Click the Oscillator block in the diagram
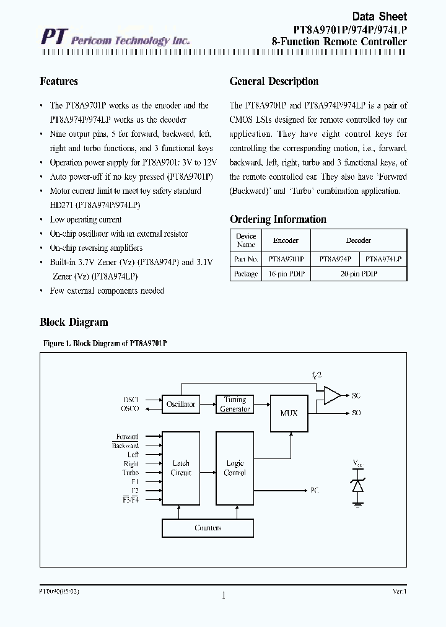click(x=180, y=405)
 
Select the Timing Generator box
click(x=235, y=405)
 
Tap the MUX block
click(x=289, y=413)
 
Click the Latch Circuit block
click(x=180, y=468)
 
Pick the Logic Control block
click(x=235, y=468)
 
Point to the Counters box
click(x=208, y=528)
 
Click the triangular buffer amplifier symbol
click(x=332, y=395)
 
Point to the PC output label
click(x=315, y=490)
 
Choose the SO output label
click(x=356, y=413)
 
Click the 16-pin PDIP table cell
click(x=286, y=274)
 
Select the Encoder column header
click(x=286, y=240)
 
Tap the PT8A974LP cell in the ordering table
click(x=383, y=259)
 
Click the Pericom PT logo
click(x=51, y=38)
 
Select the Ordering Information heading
click(x=278, y=219)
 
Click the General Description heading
click(x=274, y=81)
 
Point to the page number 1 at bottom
click(x=223, y=596)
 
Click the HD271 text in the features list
click(x=61, y=205)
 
